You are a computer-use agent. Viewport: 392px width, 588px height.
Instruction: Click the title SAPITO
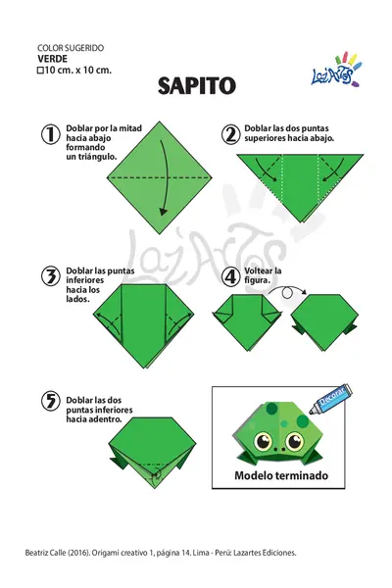pos(197,86)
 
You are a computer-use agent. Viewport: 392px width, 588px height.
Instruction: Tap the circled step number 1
pos(50,134)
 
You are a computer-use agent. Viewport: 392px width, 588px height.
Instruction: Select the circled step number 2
pos(230,134)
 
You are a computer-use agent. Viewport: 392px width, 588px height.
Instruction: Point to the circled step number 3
pos(50,276)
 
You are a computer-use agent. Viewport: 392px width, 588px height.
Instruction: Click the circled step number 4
pos(230,276)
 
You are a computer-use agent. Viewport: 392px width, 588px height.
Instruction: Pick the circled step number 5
pos(50,401)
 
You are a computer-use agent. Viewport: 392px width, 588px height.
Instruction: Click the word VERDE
pos(52,59)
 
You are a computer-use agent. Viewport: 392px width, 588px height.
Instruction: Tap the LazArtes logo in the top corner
pos(336,71)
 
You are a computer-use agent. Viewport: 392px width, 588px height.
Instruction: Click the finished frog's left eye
pos(263,441)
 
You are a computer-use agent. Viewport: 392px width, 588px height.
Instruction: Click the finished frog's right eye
pos(294,441)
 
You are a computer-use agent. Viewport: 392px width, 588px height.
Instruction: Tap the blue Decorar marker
pos(331,399)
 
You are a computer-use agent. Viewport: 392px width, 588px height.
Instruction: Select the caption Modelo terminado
pos(281,475)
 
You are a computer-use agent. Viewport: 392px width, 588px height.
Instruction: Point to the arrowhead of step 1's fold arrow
pos(164,212)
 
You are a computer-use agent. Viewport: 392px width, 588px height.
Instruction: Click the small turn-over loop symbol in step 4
pos(287,293)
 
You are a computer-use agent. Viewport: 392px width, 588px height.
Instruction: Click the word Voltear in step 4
pos(259,270)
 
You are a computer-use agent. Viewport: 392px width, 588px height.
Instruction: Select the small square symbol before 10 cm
pos(40,71)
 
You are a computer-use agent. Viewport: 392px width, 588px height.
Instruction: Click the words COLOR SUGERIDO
pos(71,48)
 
